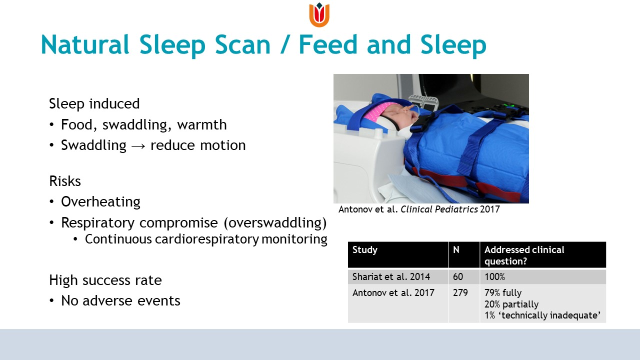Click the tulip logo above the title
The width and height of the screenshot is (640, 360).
(x=319, y=15)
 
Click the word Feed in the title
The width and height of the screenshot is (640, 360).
(x=328, y=44)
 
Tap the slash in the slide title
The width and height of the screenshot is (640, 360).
(x=284, y=44)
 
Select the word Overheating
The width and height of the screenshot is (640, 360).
(x=100, y=202)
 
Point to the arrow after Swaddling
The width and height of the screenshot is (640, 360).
(x=138, y=146)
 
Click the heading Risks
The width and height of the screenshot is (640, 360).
(x=65, y=181)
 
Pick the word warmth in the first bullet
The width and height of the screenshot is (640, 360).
(x=201, y=125)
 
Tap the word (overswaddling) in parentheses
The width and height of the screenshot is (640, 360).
(x=275, y=222)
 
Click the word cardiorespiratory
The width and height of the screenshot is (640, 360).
(x=207, y=239)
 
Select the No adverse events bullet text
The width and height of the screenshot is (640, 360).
(x=120, y=301)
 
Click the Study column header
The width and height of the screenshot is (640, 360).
(x=365, y=250)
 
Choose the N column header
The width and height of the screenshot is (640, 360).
(x=456, y=249)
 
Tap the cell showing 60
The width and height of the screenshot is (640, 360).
(x=457, y=276)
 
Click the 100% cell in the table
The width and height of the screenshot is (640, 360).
(x=494, y=276)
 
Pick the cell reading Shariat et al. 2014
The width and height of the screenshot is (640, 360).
(x=391, y=276)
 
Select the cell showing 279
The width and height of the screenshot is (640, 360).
(x=460, y=292)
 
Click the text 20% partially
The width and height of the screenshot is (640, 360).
(x=511, y=304)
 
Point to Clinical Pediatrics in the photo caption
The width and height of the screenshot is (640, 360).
(x=439, y=209)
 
